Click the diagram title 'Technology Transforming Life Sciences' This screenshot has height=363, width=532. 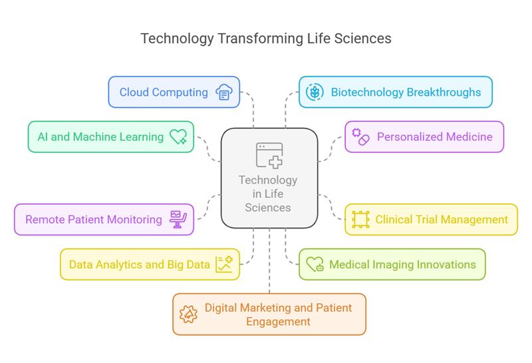[266, 39]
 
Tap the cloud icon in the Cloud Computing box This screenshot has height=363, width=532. [223, 92]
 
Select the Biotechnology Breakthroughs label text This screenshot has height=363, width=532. [406, 92]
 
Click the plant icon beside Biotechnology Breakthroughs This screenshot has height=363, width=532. [315, 92]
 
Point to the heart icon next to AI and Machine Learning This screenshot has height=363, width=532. [178, 137]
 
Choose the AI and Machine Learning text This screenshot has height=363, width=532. [101, 137]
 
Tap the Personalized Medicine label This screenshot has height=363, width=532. [435, 137]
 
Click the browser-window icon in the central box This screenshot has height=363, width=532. [269, 155]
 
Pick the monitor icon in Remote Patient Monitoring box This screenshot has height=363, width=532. [178, 219]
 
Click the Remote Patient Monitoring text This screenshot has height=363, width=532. [94, 219]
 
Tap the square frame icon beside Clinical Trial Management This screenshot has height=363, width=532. [360, 219]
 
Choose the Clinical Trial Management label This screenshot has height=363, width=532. [442, 219]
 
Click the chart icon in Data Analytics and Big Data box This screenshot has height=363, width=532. [223, 265]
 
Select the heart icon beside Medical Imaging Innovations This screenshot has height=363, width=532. [315, 265]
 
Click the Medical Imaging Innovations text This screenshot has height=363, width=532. [402, 265]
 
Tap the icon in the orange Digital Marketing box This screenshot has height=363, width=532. [189, 314]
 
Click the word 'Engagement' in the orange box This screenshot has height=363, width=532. [278, 322]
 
